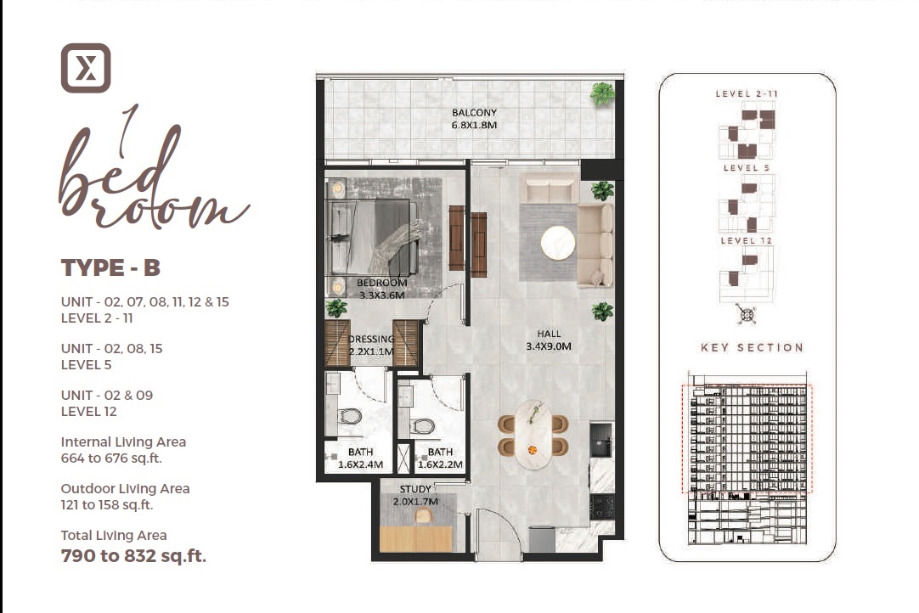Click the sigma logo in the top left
pyautogui.click(x=86, y=68)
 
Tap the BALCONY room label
pyautogui.click(x=474, y=113)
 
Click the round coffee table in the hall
pyautogui.click(x=558, y=243)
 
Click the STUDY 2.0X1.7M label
pyautogui.click(x=414, y=496)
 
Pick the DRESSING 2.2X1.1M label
pyautogui.click(x=371, y=346)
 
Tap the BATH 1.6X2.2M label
pyautogui.click(x=440, y=458)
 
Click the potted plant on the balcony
pyautogui.click(x=602, y=93)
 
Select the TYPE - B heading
pyautogui.click(x=110, y=268)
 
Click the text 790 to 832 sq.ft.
pyautogui.click(x=133, y=557)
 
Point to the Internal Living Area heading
pyautogui.click(x=123, y=442)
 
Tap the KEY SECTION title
pyautogui.click(x=752, y=347)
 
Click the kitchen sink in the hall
pyautogui.click(x=602, y=441)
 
